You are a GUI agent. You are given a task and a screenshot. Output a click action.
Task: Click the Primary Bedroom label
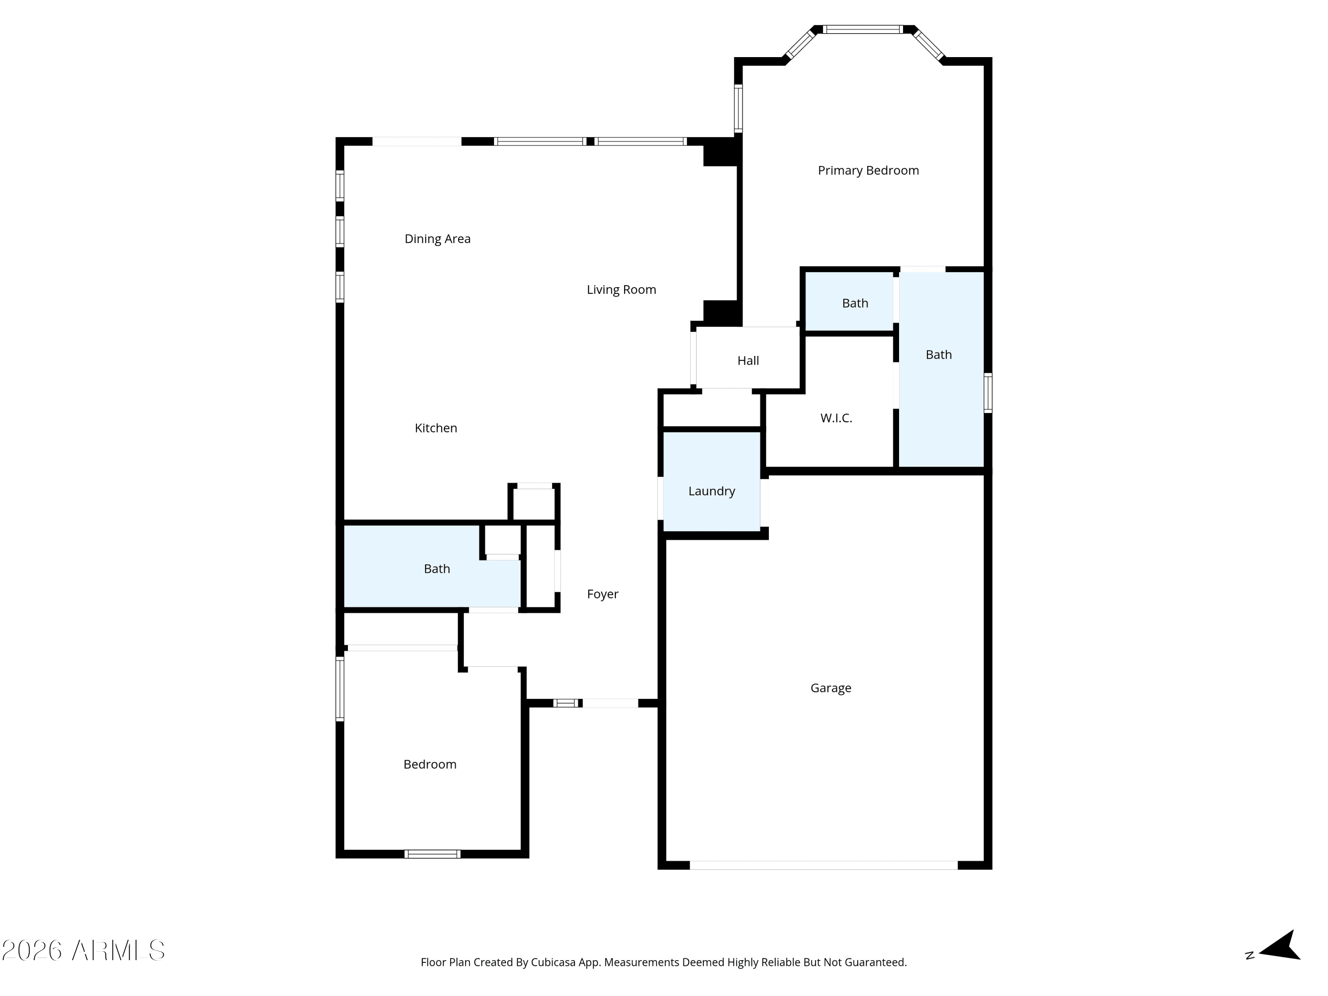pyautogui.click(x=868, y=170)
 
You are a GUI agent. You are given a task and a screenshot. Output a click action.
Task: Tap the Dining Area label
pyautogui.click(x=438, y=239)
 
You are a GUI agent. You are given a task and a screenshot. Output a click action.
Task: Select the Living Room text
pyautogui.click(x=622, y=290)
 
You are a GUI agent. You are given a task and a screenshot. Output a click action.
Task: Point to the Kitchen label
pyautogui.click(x=436, y=428)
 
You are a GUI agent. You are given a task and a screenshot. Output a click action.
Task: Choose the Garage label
pyautogui.click(x=831, y=688)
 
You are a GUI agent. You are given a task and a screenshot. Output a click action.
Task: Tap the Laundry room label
pyautogui.click(x=711, y=491)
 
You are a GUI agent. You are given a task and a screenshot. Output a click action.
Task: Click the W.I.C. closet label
pyautogui.click(x=836, y=418)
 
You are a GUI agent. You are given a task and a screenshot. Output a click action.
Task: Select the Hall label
pyautogui.click(x=748, y=361)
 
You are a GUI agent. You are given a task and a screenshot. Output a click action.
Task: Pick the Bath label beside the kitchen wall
pyautogui.click(x=437, y=568)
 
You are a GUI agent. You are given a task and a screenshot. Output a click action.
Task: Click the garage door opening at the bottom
pyautogui.click(x=824, y=865)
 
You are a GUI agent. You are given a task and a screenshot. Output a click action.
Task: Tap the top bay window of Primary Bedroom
pyautogui.click(x=863, y=29)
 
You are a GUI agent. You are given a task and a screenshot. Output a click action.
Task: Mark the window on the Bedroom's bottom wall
pyautogui.click(x=432, y=854)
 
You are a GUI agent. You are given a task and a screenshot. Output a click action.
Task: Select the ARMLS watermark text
pyautogui.click(x=84, y=950)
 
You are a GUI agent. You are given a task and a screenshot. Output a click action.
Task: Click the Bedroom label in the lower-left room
pyautogui.click(x=430, y=764)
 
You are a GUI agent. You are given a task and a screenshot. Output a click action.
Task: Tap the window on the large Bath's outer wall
pyautogui.click(x=988, y=393)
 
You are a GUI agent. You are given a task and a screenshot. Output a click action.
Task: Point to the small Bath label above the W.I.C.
pyautogui.click(x=855, y=303)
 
